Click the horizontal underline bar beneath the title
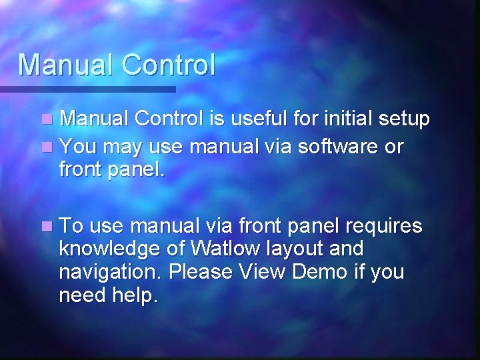click(x=87, y=89)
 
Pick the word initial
click(x=347, y=119)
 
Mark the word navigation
click(x=111, y=273)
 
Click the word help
click(x=136, y=295)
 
